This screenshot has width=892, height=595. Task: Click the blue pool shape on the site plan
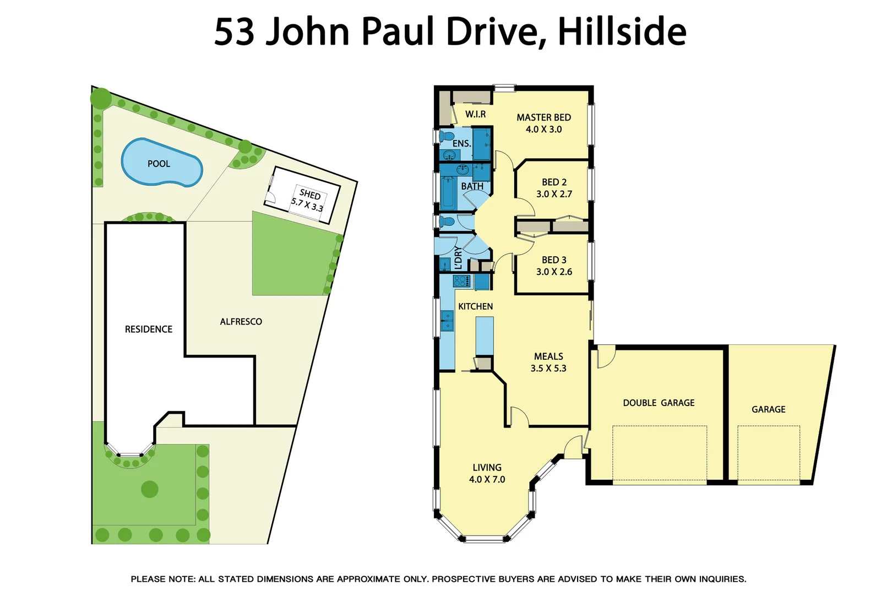[161, 164]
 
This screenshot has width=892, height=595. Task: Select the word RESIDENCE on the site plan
[148, 329]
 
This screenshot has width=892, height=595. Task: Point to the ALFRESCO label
[241, 321]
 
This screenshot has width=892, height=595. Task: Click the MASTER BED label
[543, 117]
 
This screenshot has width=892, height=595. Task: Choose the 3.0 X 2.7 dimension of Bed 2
[554, 194]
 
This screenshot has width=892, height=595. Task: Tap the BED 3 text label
[554, 259]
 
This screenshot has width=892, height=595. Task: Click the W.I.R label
[475, 114]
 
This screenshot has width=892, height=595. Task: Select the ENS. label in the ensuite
[461, 143]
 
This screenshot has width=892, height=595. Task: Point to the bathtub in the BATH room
[448, 193]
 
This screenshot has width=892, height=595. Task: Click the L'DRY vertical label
[458, 258]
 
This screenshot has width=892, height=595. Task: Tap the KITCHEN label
[475, 306]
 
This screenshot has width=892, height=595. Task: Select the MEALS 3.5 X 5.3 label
[548, 362]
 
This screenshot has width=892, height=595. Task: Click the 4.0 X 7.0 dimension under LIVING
[487, 479]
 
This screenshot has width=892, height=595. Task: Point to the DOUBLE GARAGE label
[659, 403]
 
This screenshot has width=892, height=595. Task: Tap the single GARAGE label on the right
[768, 409]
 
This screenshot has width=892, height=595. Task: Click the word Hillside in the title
[622, 31]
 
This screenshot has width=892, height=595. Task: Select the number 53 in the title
[234, 31]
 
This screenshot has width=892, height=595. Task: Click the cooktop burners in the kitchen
[460, 282]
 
